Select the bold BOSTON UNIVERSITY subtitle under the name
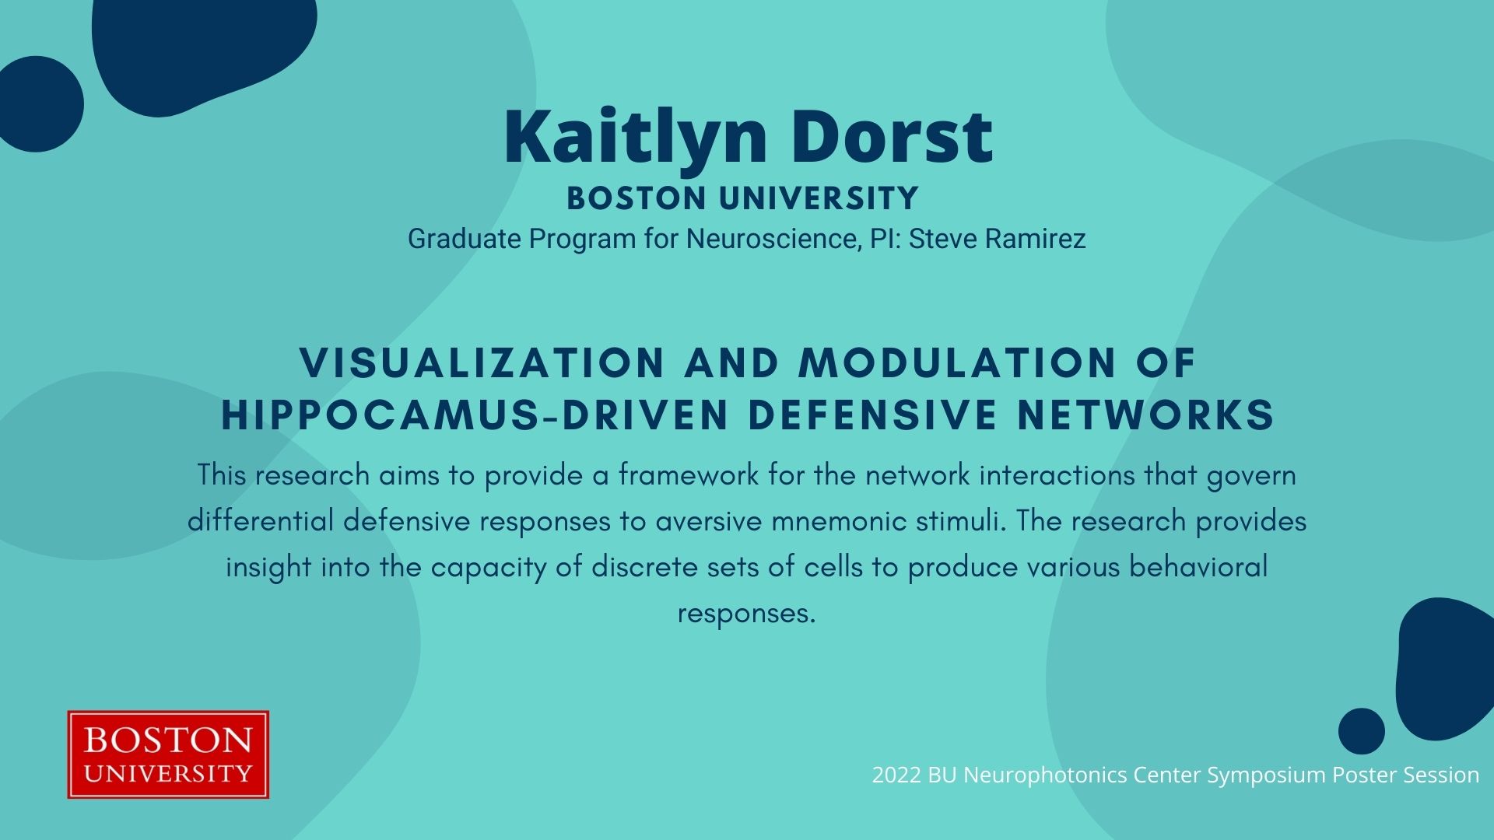742,198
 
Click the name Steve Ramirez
997,239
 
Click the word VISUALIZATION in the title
482,362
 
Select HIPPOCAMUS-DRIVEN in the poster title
475,415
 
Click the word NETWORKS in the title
1145,415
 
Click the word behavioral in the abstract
1198,566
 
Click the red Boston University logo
168,754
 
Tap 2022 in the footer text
896,775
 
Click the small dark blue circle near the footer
1362,731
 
